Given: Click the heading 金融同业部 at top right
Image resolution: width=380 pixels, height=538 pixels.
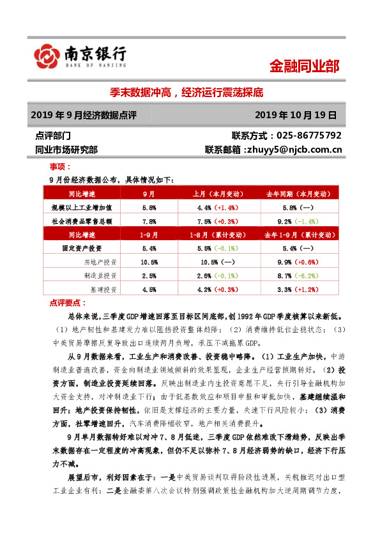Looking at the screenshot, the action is (304, 65).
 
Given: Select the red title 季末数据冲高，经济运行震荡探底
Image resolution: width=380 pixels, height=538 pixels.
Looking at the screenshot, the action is (190, 92).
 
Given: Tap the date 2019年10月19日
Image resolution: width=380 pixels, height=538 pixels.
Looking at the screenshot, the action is (294, 115).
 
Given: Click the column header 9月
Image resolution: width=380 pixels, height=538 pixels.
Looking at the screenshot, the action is (149, 194).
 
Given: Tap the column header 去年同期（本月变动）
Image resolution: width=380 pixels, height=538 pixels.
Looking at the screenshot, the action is (298, 194).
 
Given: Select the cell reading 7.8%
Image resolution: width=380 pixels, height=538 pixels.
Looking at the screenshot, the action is (149, 221).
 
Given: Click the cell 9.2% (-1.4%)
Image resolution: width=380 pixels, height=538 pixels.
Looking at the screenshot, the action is (298, 221).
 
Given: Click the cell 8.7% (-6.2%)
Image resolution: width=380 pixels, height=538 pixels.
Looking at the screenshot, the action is (298, 275).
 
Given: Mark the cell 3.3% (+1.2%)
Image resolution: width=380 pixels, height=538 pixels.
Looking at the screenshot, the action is (298, 289).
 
